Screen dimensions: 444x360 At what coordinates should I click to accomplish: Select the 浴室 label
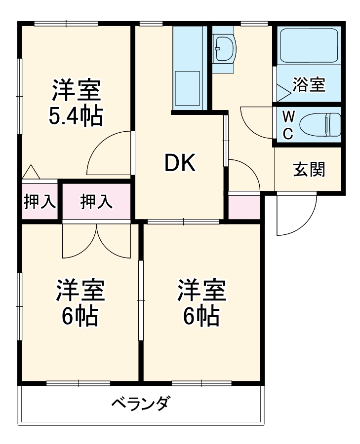pos(309,84)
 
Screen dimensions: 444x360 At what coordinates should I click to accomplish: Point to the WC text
pos(289,125)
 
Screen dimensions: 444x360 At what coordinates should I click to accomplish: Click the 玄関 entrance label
pos(309,169)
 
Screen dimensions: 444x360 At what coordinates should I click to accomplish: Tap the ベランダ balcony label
pos(140,404)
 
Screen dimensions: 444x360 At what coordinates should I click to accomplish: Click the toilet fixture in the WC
pos(320,124)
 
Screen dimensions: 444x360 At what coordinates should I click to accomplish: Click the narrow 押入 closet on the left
pos(40,202)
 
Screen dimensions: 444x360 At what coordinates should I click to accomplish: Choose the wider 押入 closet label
pos(96,201)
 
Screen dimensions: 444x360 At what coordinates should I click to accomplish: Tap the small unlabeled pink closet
pos(243,207)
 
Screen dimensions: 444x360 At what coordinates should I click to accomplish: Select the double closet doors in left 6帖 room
pos(97,241)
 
